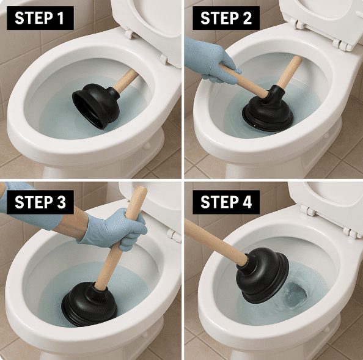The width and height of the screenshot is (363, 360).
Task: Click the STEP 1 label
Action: point(40,18)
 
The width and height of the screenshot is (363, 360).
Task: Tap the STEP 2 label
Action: point(226,18)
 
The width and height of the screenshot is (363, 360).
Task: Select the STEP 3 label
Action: point(40,202)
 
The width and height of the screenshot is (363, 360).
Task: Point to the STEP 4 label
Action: point(226,202)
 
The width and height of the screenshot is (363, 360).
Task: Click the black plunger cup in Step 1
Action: point(96,105)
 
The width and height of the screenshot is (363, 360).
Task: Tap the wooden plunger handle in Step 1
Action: point(125,80)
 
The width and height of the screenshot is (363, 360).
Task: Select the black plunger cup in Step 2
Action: point(268,111)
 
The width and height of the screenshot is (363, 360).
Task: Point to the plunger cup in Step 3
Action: point(89,304)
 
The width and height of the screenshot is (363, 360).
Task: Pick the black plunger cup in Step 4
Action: point(263,276)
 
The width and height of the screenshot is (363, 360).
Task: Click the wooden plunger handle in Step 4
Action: point(216,243)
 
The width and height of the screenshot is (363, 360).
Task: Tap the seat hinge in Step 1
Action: point(129,34)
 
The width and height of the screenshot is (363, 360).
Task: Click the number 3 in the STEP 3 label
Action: point(61,202)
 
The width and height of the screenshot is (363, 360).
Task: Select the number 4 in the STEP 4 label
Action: point(246,202)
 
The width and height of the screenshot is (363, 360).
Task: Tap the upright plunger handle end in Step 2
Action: point(297,59)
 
